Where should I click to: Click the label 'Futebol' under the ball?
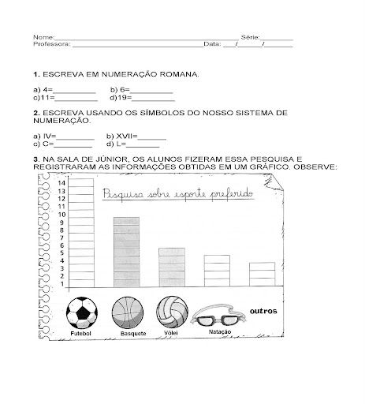(x=81, y=335)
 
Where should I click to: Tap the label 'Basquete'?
(x=127, y=335)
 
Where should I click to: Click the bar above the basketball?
(x=126, y=252)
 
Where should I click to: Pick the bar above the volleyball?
(x=171, y=267)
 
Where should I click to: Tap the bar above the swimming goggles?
(x=217, y=271)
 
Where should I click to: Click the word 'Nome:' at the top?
(x=44, y=37)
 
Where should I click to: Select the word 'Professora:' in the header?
(x=52, y=44)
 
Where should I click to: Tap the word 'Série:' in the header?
(x=249, y=37)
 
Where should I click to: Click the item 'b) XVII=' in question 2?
(x=123, y=137)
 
